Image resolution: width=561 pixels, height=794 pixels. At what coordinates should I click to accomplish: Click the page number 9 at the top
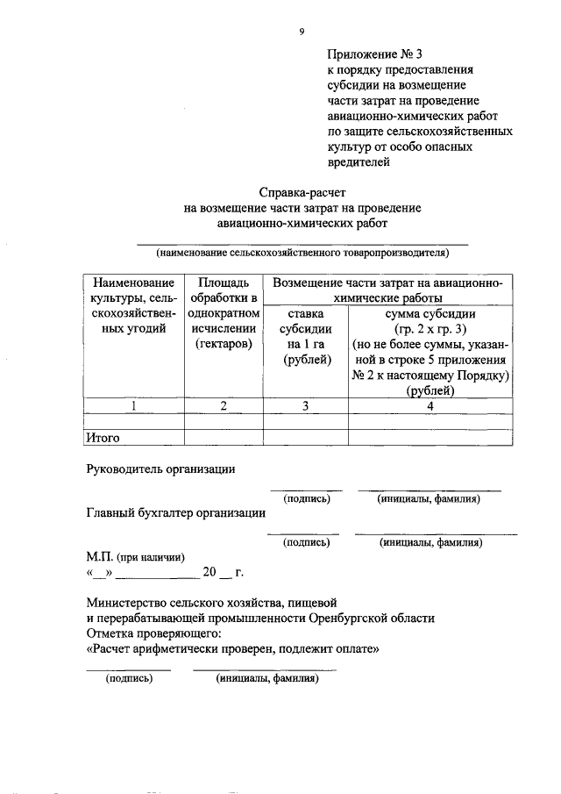tap(302, 32)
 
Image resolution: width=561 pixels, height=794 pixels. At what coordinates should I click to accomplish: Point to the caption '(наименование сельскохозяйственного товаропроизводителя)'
tap(302, 253)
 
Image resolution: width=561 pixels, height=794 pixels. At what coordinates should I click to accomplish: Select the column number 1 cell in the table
tap(133, 405)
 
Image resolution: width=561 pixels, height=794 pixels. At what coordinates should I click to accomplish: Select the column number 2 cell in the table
tap(224, 405)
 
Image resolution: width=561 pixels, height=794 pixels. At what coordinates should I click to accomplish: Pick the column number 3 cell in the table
tap(305, 405)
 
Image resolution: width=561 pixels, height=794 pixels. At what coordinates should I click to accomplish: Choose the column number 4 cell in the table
tap(430, 405)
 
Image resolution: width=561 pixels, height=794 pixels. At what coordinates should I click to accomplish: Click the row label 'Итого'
tap(103, 437)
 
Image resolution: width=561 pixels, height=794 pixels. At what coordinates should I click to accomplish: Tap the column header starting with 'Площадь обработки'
tap(224, 313)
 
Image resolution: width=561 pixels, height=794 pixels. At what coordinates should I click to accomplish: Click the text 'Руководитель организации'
tap(160, 469)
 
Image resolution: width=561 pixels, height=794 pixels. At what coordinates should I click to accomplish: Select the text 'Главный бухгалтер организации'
tap(175, 513)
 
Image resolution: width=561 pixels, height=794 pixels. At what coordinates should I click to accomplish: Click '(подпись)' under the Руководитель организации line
tap(306, 499)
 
